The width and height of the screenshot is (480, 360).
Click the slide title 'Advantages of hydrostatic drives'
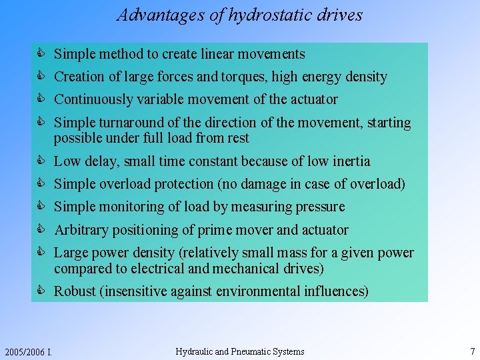(239, 15)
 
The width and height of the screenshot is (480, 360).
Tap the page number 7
(472, 351)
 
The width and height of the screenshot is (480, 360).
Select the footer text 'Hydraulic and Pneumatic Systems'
(239, 351)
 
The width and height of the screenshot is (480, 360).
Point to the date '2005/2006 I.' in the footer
(29, 352)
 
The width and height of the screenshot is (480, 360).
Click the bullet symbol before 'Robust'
(41, 291)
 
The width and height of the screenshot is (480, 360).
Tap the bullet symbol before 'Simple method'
(41, 54)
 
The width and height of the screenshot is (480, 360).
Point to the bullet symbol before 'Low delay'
(41, 161)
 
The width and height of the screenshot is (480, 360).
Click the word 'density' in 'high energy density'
(366, 77)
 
